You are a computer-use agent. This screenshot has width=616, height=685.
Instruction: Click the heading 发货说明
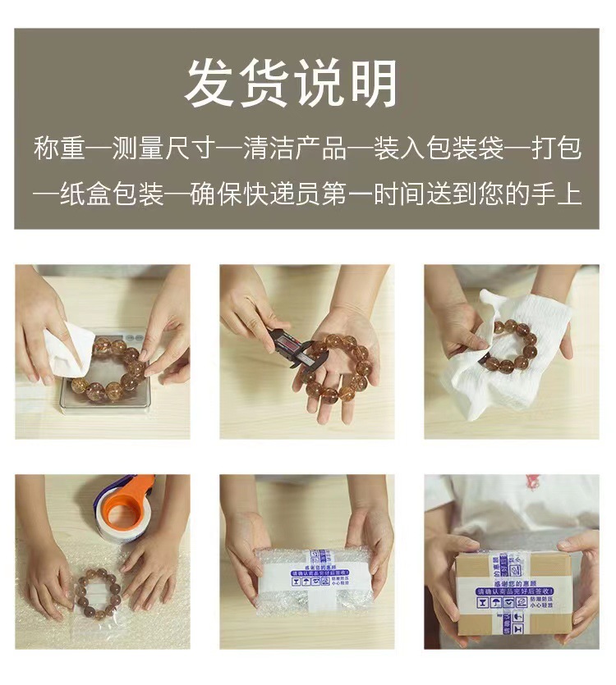[x=292, y=84]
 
